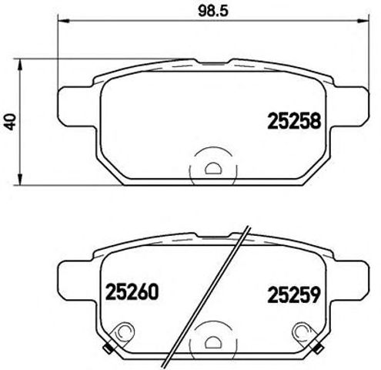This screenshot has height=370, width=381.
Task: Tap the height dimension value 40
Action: (9, 120)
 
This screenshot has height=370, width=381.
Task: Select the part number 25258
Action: (293, 120)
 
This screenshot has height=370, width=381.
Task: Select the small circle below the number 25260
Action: (120, 331)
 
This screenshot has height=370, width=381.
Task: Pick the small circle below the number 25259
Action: (305, 331)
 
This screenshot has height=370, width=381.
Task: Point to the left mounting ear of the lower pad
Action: (75, 273)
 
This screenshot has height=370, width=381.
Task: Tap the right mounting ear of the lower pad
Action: (353, 273)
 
